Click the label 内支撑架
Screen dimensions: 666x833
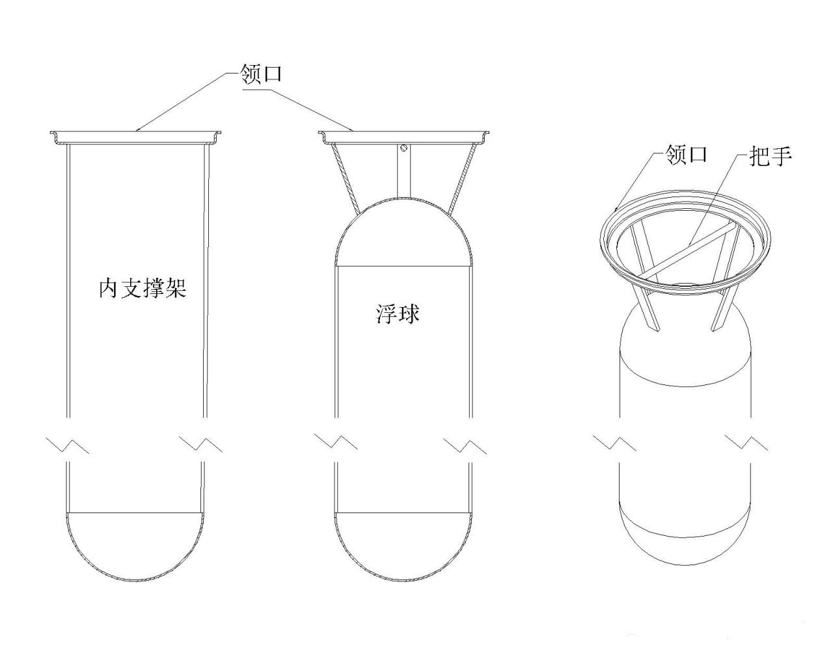pos(143,287)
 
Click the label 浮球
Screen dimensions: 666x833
pos(398,313)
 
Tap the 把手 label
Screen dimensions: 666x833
pos(771,155)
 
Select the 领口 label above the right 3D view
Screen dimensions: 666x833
pos(686,154)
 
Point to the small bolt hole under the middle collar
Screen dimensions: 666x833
pos(405,148)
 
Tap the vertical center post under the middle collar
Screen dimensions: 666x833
pos(404,172)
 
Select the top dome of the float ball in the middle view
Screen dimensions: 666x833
pos(403,234)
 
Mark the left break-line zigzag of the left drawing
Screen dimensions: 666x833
pos(68,445)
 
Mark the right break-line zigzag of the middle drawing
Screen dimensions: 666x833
pos(465,445)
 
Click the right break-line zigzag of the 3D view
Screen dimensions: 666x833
pos(746,444)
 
